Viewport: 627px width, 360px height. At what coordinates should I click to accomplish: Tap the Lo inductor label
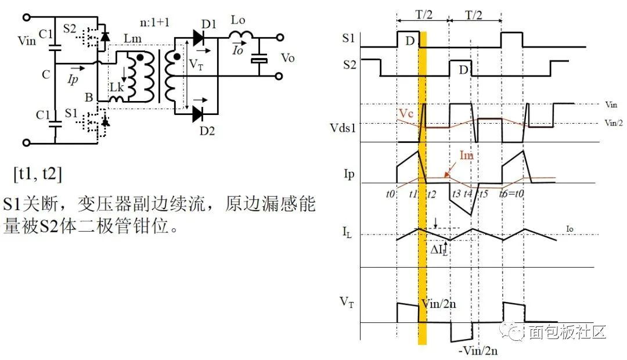point(238,20)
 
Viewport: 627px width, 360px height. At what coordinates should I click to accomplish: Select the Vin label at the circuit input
point(27,41)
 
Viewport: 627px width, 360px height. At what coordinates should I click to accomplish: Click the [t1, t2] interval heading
point(38,174)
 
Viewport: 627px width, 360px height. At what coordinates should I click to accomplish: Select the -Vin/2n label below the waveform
point(478,350)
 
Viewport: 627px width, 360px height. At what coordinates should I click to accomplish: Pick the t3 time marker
point(457,195)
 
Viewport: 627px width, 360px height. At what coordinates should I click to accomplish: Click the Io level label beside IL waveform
point(570,231)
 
